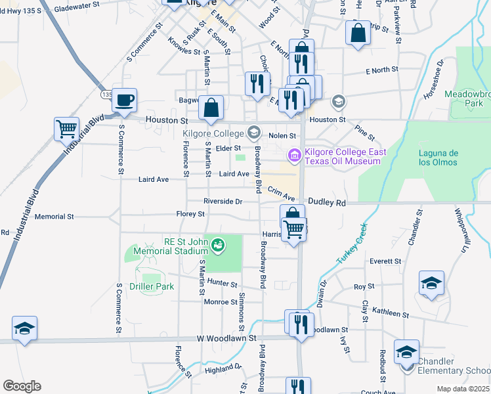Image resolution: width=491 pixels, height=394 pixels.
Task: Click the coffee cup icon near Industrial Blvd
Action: [124, 100]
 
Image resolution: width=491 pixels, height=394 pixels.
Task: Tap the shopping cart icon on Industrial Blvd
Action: [66, 129]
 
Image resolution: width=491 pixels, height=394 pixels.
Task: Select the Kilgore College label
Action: [209, 134]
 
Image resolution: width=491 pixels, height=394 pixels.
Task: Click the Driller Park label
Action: [152, 286]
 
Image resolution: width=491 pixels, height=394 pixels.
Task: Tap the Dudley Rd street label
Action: [326, 203]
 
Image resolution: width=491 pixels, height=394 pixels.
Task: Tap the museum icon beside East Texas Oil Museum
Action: [294, 155]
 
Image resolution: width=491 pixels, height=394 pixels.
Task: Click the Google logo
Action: [21, 386]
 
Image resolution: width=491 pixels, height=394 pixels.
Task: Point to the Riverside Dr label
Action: [223, 201]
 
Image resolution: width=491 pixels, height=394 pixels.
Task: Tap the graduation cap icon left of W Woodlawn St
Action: [24, 328]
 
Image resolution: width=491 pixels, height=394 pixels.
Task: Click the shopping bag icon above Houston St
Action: [211, 108]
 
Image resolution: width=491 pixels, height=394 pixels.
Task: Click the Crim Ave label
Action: [281, 189]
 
